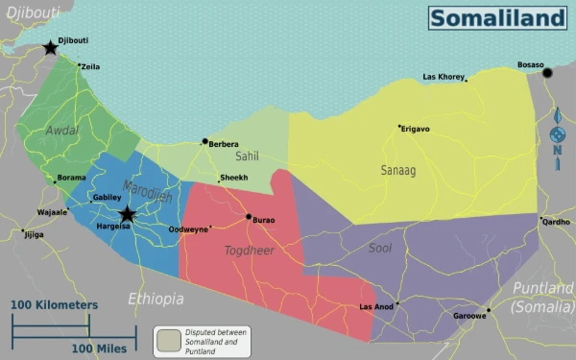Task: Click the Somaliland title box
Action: tap(496, 18)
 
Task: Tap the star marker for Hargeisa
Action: tap(127, 214)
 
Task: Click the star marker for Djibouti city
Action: tap(50, 47)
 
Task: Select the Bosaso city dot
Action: tap(547, 72)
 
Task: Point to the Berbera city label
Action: tap(224, 145)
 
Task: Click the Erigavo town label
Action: tap(416, 129)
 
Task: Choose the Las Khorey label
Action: tap(444, 77)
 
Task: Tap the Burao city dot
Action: tap(249, 217)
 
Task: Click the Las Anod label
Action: tap(376, 307)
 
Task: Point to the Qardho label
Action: tap(556, 222)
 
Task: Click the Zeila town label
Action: tap(90, 66)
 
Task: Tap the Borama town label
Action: tap(71, 178)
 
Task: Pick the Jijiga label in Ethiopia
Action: tap(34, 234)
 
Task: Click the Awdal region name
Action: tap(61, 131)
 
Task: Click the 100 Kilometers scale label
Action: tap(55, 305)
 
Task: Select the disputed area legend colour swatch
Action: tap(169, 339)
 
